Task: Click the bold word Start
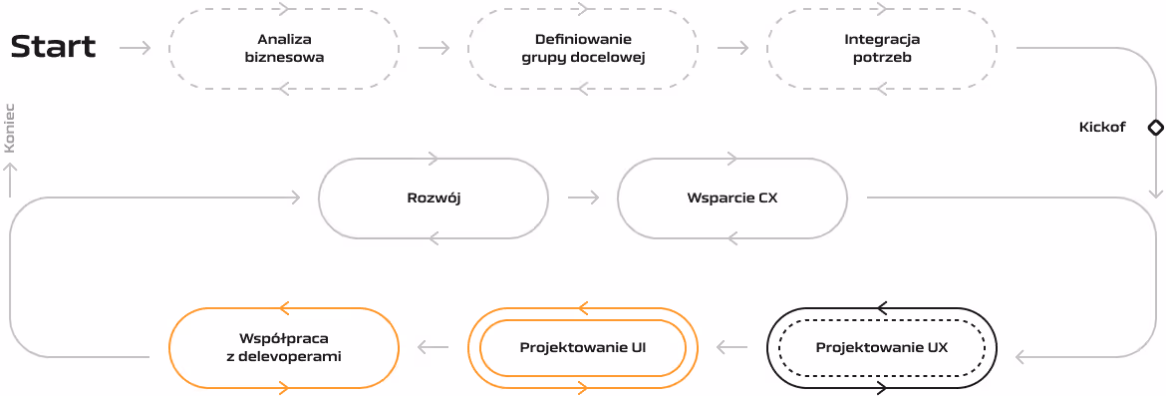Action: coord(54,48)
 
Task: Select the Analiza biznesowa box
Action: coord(284,49)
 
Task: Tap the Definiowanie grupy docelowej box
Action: coord(583,49)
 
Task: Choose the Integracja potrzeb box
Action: coord(882,49)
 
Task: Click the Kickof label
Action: coord(1102,128)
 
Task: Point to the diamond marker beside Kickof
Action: coord(1156,128)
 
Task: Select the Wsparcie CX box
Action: coord(732,198)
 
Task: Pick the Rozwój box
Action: coord(434,198)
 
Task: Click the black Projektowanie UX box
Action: coord(882,348)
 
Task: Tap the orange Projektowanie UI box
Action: coord(583,348)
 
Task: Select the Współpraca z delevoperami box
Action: coord(284,348)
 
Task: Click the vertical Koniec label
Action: coord(10,128)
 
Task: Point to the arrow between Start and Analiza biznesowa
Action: coord(135,48)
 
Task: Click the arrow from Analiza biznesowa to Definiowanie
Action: coord(434,48)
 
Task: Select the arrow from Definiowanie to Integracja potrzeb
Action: coord(732,48)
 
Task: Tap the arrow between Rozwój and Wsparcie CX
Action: coord(583,198)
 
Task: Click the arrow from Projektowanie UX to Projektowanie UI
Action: coord(732,348)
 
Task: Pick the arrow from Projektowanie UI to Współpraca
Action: coord(434,348)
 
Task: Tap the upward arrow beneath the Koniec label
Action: coord(10,180)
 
